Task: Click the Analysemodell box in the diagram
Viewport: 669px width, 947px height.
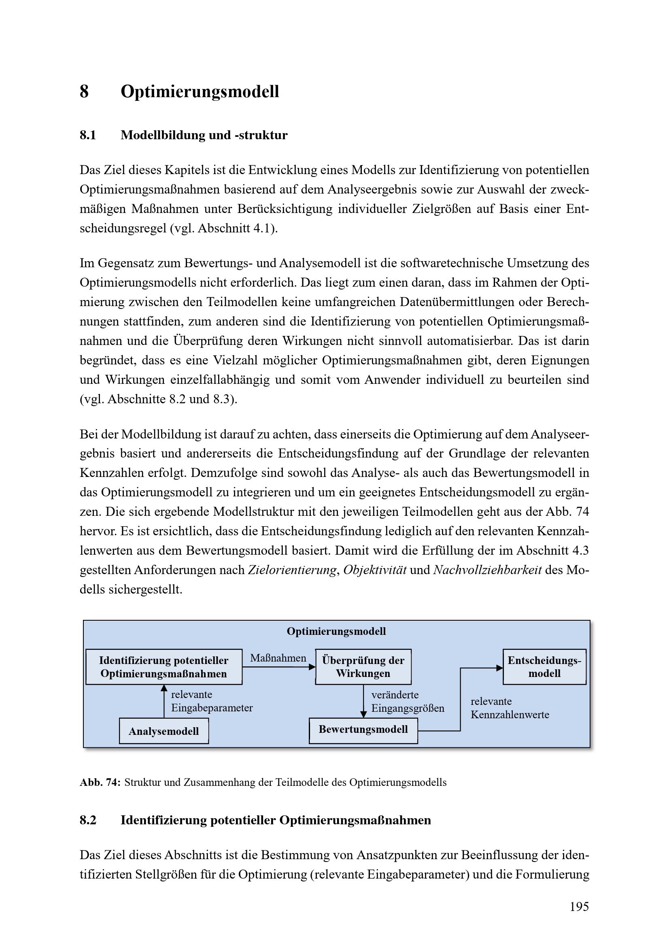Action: [164, 731]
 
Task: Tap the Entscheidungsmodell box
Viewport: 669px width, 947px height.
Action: [544, 667]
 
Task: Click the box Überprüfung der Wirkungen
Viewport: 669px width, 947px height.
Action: [363, 667]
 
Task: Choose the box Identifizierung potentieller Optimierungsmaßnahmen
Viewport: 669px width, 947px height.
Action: [164, 667]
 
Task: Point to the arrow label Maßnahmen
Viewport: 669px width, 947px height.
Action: [278, 658]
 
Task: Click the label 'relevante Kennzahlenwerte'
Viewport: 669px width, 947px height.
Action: [510, 708]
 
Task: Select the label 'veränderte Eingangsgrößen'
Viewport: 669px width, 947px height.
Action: [408, 702]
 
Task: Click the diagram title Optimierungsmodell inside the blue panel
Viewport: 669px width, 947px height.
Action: [336, 632]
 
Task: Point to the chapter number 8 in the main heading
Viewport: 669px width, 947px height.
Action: [84, 92]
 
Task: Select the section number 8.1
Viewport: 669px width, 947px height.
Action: [88, 135]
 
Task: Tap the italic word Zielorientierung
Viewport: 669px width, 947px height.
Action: [292, 570]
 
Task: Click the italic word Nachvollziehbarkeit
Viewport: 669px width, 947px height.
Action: [487, 570]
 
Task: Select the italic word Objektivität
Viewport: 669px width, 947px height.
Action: [375, 570]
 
